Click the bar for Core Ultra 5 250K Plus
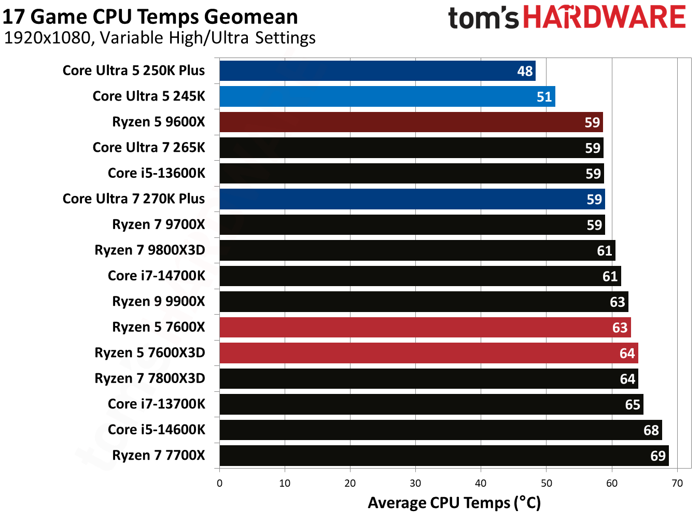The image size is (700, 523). pos(377,70)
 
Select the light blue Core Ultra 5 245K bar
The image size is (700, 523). pos(387,96)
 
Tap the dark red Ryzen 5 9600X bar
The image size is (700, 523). pos(411,122)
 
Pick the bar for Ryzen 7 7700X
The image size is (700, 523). pos(443,456)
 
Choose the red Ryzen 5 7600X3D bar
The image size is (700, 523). pos(428,353)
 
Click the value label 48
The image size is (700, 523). pos(525,71)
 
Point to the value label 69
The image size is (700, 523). pos(657,456)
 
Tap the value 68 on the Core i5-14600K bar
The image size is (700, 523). pos(651,430)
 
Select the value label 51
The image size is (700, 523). pos(544,97)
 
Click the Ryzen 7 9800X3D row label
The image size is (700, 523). pos(150,250)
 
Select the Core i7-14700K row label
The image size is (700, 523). pos(156,276)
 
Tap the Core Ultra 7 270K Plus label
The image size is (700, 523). pos(134,199)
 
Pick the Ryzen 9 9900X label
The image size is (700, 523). pos(159,302)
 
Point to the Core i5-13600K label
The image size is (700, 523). pos(156,173)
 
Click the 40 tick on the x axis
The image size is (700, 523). pos(481,484)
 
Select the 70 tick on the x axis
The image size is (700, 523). pos(677,484)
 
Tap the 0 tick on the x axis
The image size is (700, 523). pos(219,484)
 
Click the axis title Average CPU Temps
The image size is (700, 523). pos(454,503)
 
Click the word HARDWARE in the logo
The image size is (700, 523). pos(604,17)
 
